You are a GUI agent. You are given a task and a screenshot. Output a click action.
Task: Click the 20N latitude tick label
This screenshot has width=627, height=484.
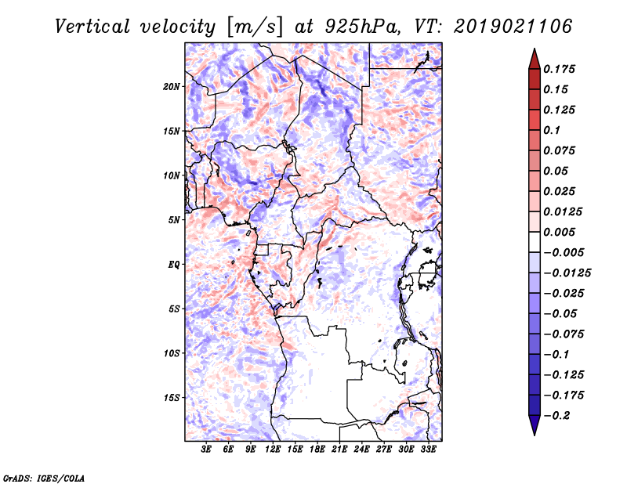pos(172,86)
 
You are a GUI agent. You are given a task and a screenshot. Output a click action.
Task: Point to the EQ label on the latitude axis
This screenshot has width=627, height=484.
pos(174,265)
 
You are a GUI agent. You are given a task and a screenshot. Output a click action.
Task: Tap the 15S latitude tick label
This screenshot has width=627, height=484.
pos(172,398)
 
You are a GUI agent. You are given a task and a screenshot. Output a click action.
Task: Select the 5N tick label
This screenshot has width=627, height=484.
pos(174,220)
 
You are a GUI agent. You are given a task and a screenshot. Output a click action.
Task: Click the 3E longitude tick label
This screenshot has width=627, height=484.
pos(207,450)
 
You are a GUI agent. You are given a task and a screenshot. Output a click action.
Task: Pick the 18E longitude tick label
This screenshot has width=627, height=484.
pos(317,450)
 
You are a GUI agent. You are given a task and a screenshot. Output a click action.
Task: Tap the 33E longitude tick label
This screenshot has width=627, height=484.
pos(428,450)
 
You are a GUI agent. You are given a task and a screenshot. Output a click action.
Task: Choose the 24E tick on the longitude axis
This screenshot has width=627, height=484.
pos(361,450)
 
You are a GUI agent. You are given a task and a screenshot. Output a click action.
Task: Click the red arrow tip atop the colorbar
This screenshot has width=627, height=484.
pos(534,55)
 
